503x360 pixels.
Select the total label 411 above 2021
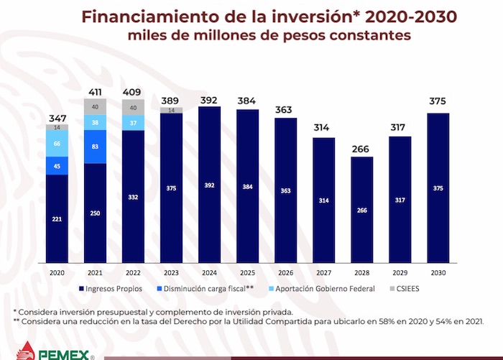95,92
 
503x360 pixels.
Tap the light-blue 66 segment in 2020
57,143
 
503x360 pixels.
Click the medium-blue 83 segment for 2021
95,147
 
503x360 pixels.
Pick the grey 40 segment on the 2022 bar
134,106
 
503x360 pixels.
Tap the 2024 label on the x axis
210,272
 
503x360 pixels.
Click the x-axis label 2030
438,272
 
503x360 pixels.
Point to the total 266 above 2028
362,150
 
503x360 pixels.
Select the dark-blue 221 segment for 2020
57,219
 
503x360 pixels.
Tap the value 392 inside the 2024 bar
210,184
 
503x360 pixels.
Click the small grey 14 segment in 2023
172,110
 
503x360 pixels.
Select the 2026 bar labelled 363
286,191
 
